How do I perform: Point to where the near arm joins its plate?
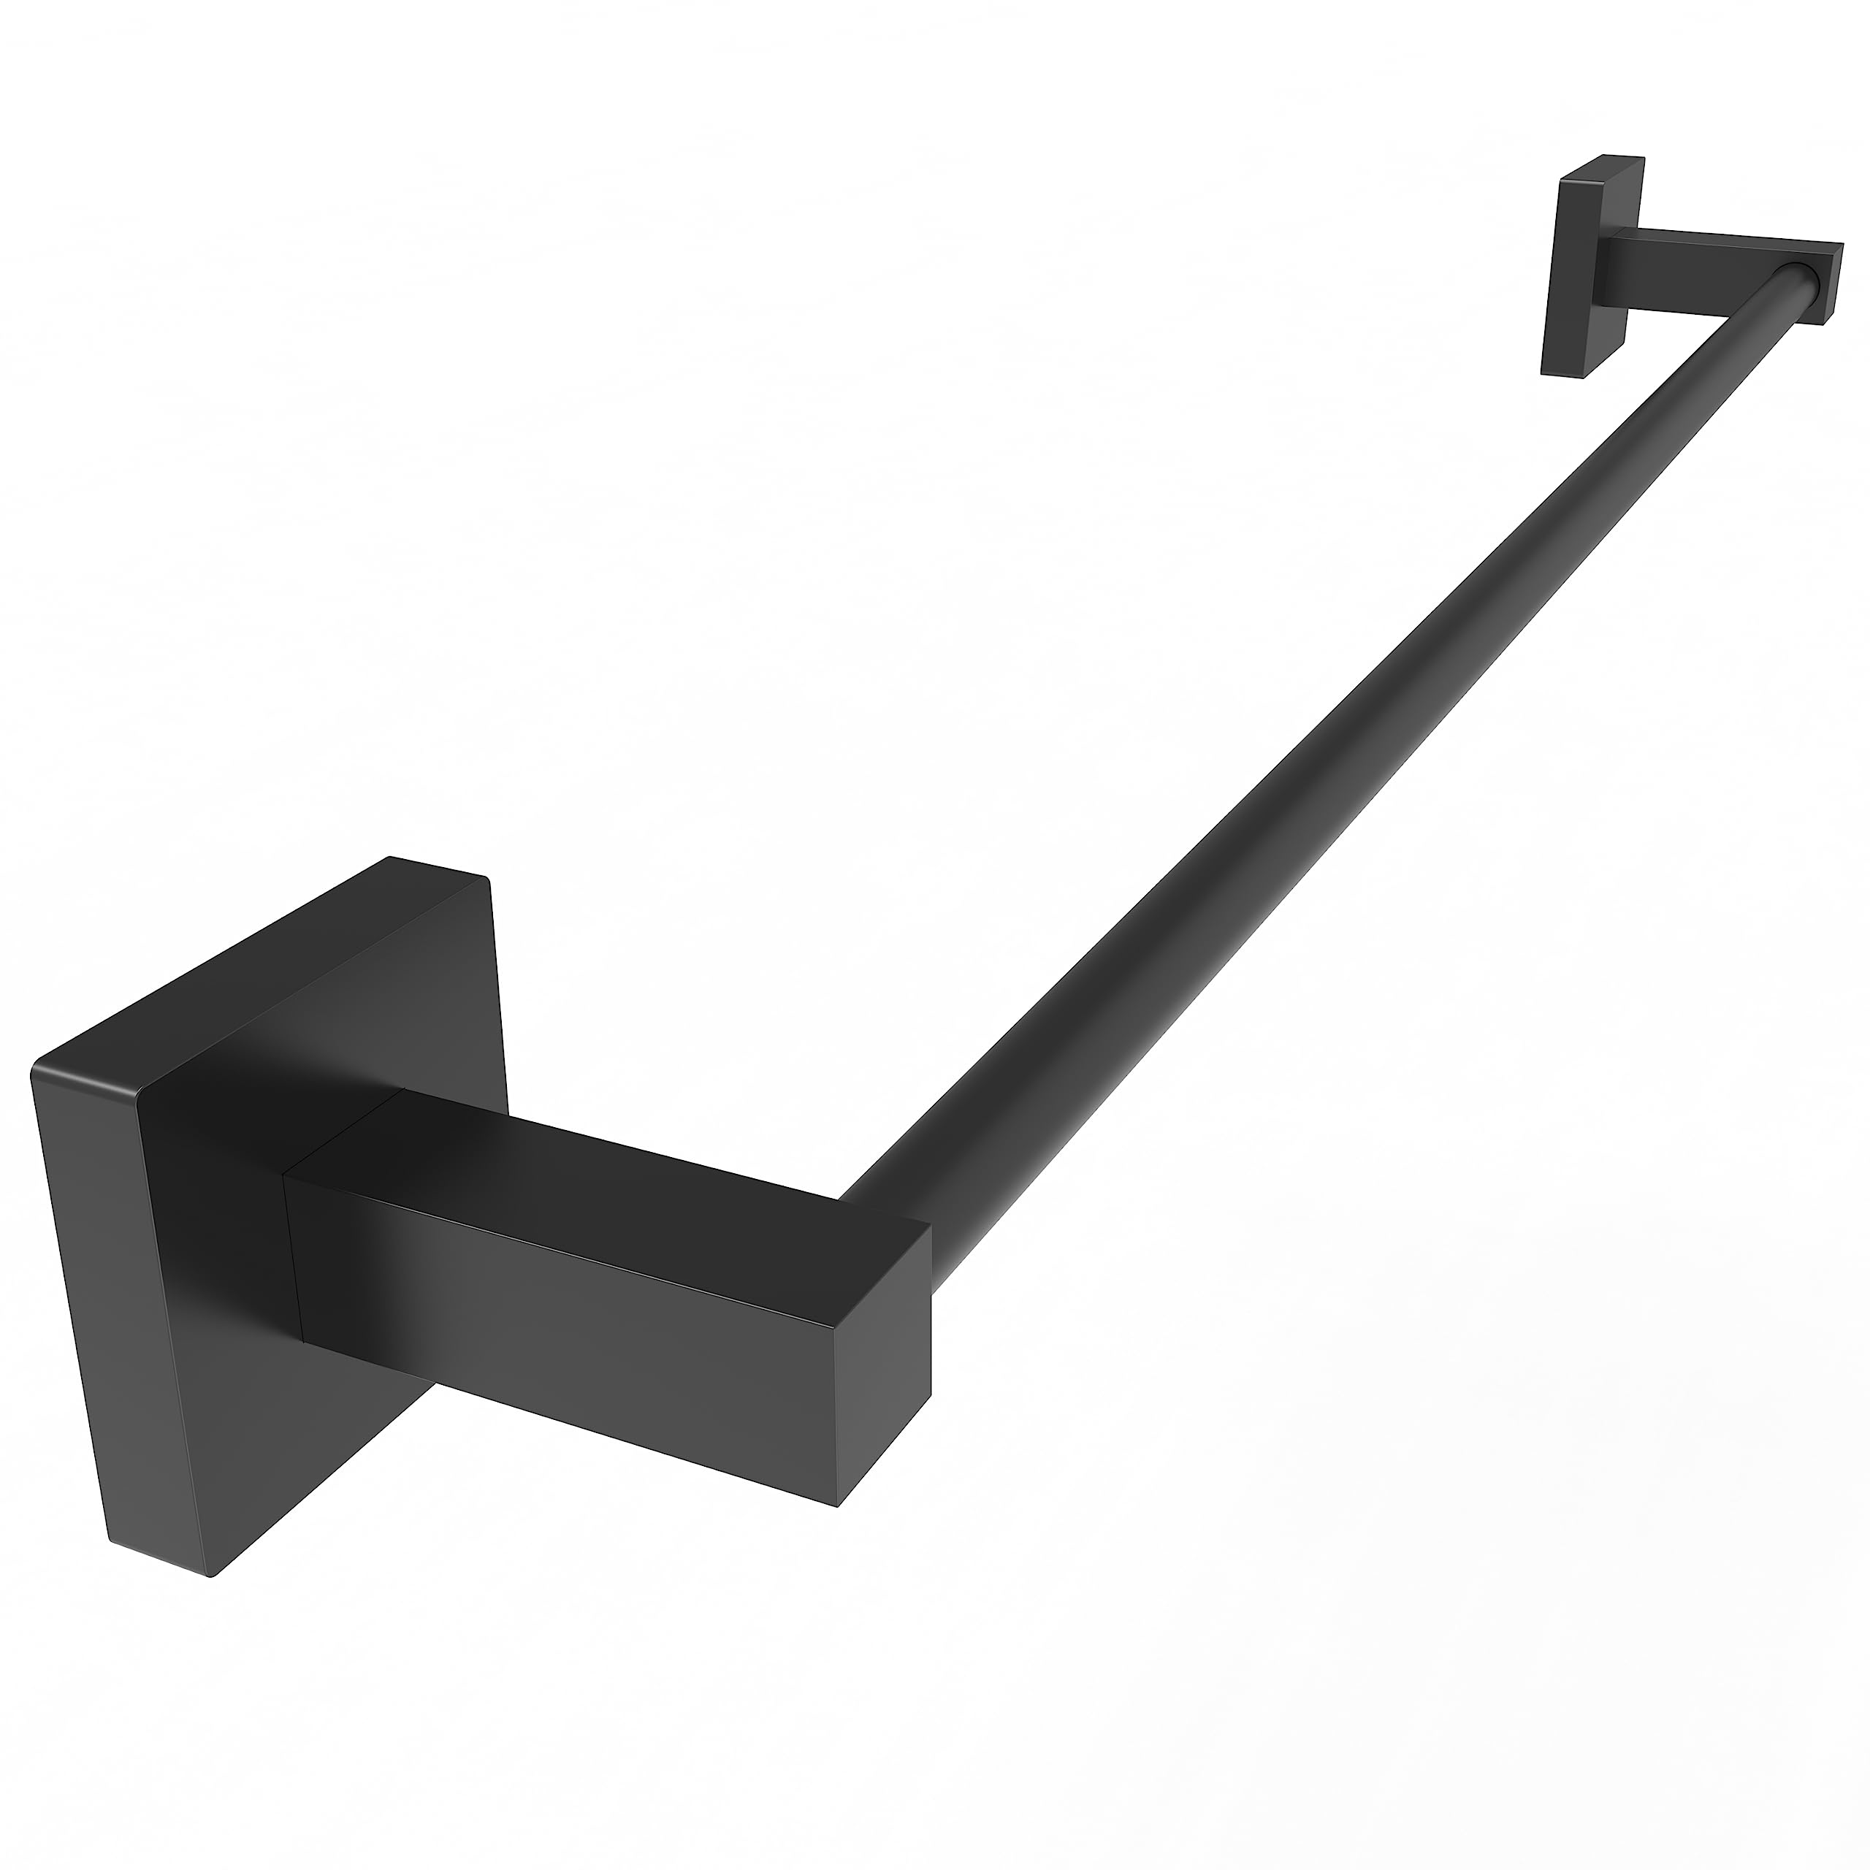pos(295,1259)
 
